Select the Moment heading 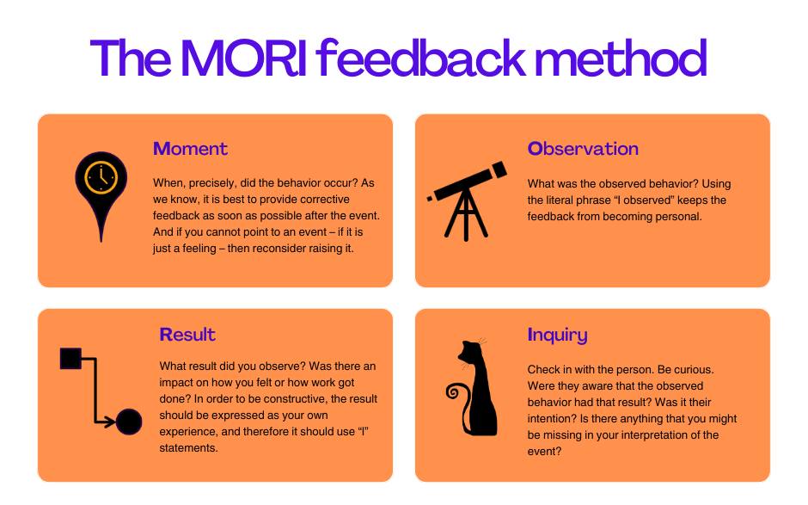pos(190,149)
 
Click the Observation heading pos(583,149)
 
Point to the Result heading pos(187,335)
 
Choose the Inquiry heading pos(557,335)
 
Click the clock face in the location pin pos(101,177)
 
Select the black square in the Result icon pos(70,358)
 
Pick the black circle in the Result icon pos(129,422)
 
